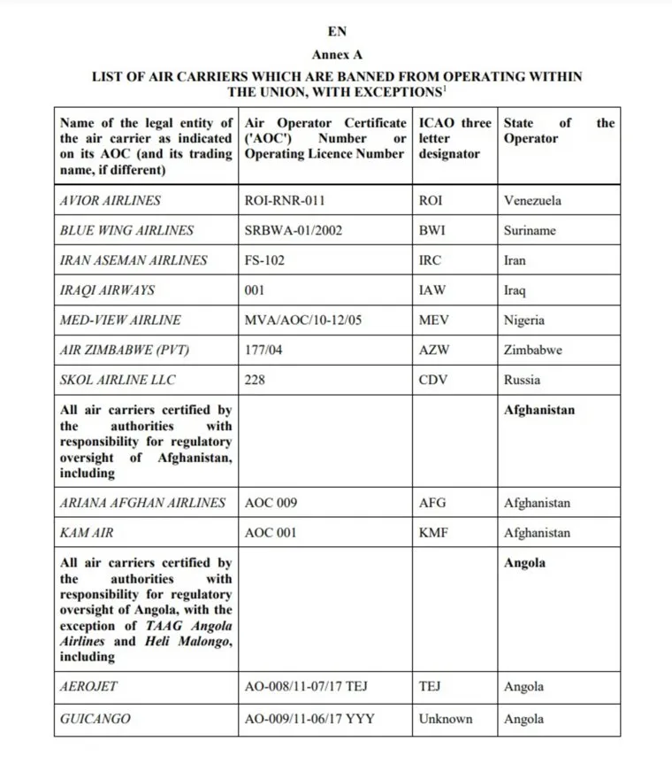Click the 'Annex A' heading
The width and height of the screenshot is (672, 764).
point(337,54)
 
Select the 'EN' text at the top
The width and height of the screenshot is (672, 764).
point(337,32)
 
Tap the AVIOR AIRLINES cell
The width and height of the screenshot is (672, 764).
point(111,200)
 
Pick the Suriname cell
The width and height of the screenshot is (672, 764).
point(532,230)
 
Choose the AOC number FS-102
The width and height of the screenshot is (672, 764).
point(264,260)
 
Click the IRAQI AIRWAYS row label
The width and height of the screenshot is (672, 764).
point(107,290)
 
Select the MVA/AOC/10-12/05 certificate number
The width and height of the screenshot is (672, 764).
point(302,320)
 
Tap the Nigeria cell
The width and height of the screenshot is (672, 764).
point(524,320)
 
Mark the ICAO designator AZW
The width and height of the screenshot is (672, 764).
point(434,351)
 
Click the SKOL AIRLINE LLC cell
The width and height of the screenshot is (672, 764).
point(118,380)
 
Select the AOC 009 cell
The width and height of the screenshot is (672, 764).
point(271,503)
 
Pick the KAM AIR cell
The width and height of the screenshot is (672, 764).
point(87,533)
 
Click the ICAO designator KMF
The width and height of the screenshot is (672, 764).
point(434,533)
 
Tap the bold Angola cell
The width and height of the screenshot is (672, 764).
point(524,563)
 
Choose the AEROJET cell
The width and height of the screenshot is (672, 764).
point(88,687)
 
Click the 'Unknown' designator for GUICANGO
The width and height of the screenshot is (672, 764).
point(446,719)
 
